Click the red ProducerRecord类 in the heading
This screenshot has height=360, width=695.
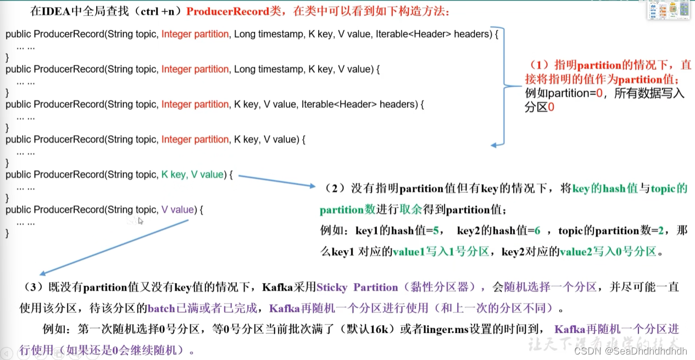(225, 11)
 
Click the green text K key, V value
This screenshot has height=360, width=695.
(193, 175)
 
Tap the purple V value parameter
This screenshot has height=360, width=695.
(178, 210)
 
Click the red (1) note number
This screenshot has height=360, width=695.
(538, 65)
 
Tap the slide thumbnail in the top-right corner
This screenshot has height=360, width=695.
(668, 10)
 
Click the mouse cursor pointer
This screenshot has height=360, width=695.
(141, 221)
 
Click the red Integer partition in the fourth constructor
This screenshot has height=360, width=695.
(194, 140)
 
